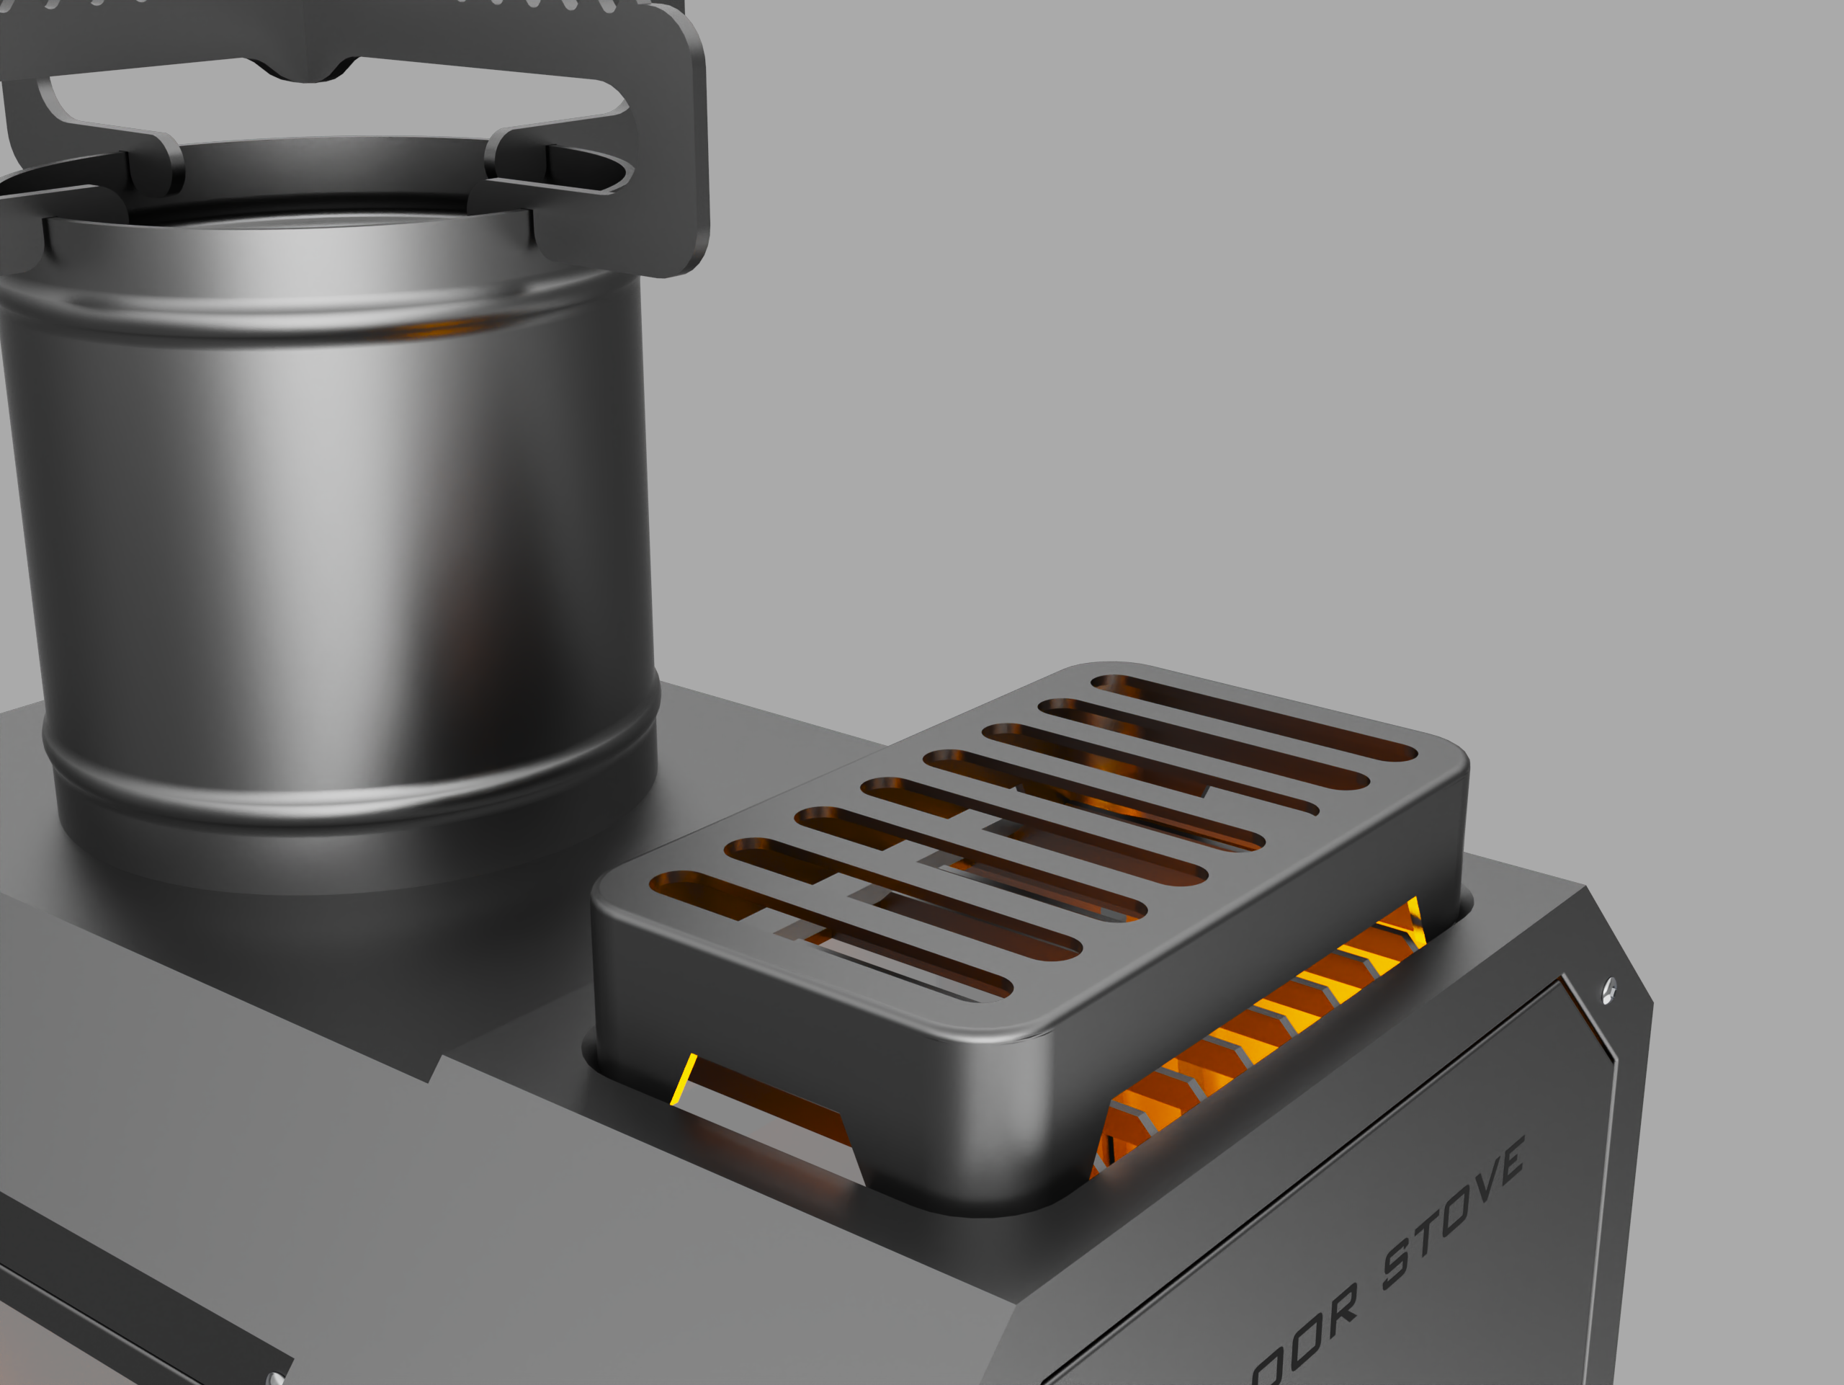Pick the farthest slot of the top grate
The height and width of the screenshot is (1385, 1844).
[1255, 717]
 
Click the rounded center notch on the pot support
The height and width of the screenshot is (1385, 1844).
[310, 74]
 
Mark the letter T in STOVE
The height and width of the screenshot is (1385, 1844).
[1425, 1236]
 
